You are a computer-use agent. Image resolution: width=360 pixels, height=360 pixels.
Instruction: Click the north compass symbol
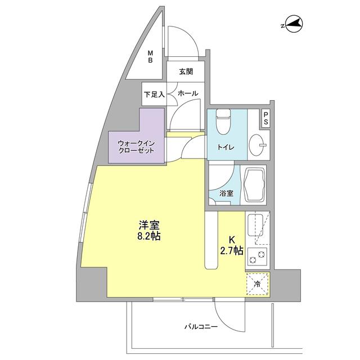tap(292, 24)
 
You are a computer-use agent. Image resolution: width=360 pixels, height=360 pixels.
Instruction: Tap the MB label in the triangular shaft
tap(151, 57)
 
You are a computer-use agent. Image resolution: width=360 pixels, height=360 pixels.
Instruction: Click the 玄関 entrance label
tap(186, 72)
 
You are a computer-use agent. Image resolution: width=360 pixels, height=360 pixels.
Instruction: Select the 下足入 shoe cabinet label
tap(154, 94)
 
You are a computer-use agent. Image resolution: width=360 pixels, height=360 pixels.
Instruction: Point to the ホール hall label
tap(187, 94)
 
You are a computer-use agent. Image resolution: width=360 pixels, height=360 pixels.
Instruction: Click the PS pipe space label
tap(265, 119)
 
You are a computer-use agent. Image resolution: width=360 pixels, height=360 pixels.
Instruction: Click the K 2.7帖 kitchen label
tap(231, 245)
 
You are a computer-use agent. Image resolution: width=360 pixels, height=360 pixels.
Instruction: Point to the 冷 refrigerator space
tap(257, 285)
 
